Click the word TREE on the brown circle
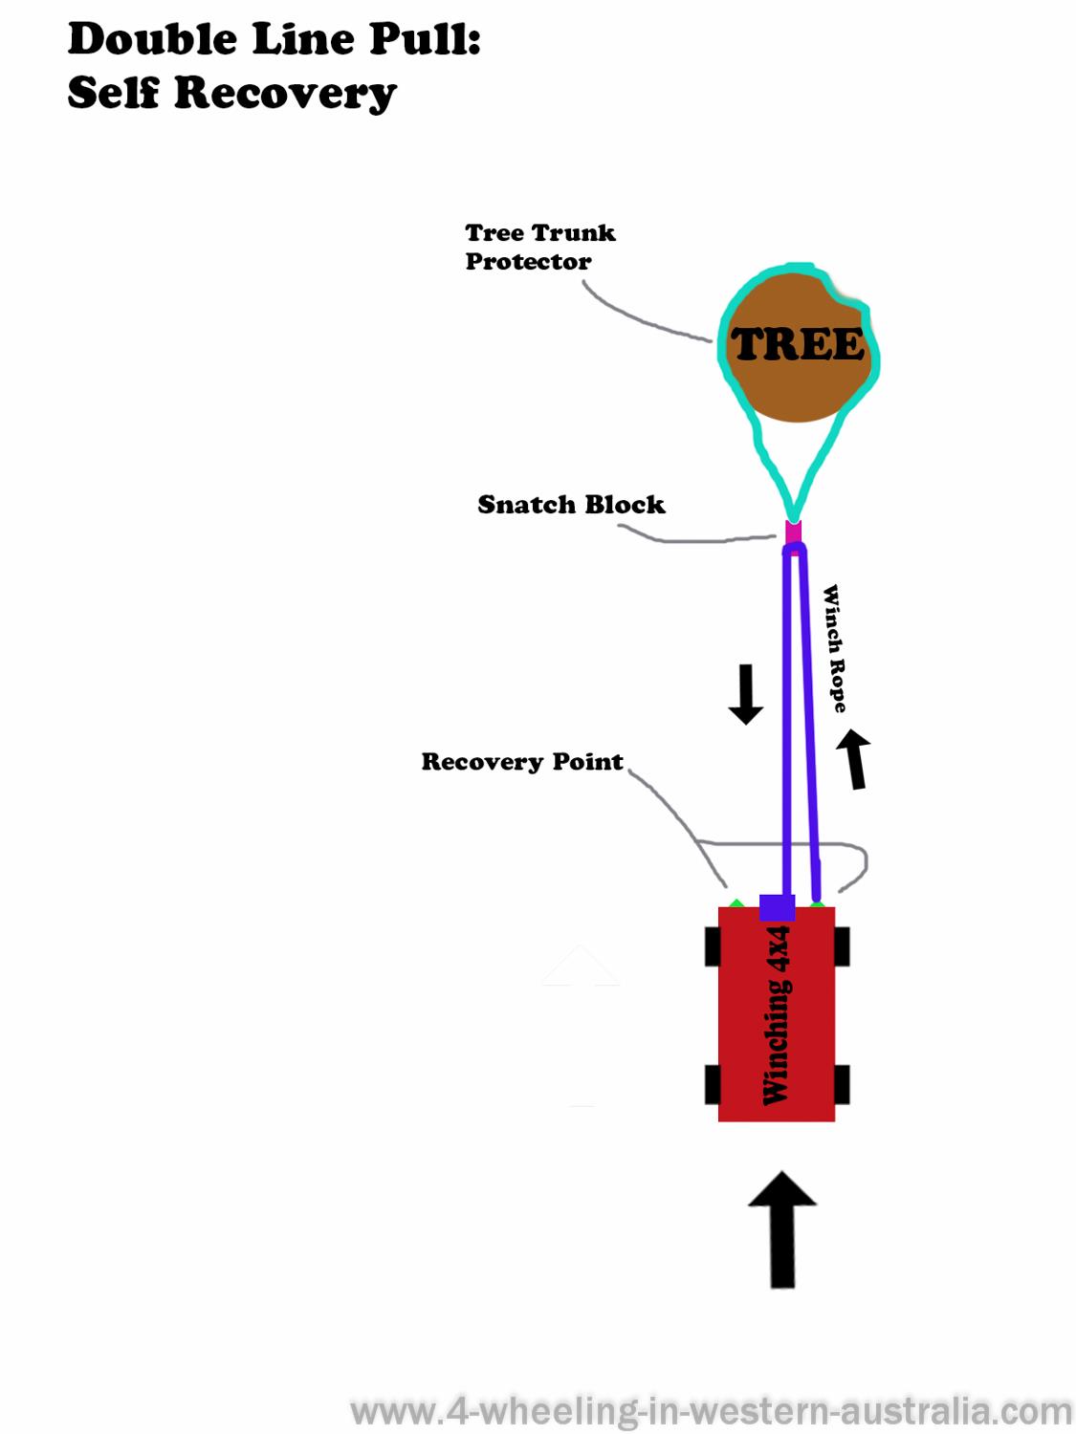(797, 345)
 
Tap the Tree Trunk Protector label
(539, 247)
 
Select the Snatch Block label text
(571, 505)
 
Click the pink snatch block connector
(793, 532)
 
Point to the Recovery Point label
(522, 762)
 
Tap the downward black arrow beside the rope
(745, 694)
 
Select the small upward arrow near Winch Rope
(855, 759)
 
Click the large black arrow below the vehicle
(782, 1228)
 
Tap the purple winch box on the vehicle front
(777, 907)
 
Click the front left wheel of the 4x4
(713, 946)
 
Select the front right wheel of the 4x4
(842, 946)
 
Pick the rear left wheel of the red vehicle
(713, 1085)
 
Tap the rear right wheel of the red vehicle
(842, 1085)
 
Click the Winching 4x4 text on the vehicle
(777, 1015)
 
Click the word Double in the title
(152, 40)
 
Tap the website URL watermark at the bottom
(712, 1411)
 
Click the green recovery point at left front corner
(736, 902)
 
